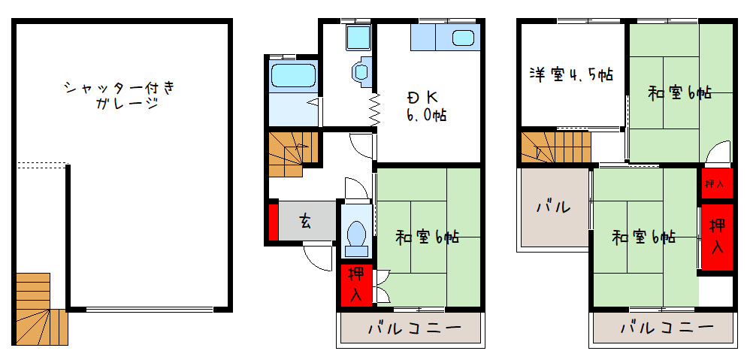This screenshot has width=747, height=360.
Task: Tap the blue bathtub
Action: [292, 75]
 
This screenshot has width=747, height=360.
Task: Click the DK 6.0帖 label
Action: [426, 106]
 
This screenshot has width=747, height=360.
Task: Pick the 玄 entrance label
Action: [306, 221]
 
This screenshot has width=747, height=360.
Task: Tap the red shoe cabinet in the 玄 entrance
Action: [273, 221]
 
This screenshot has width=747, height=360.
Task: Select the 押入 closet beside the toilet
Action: [356, 284]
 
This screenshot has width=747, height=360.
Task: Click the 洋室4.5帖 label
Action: [570, 75]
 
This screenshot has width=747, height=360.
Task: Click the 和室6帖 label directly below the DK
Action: [427, 237]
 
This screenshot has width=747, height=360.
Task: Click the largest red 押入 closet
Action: [717, 236]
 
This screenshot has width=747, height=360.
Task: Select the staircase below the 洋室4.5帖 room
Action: [555, 147]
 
